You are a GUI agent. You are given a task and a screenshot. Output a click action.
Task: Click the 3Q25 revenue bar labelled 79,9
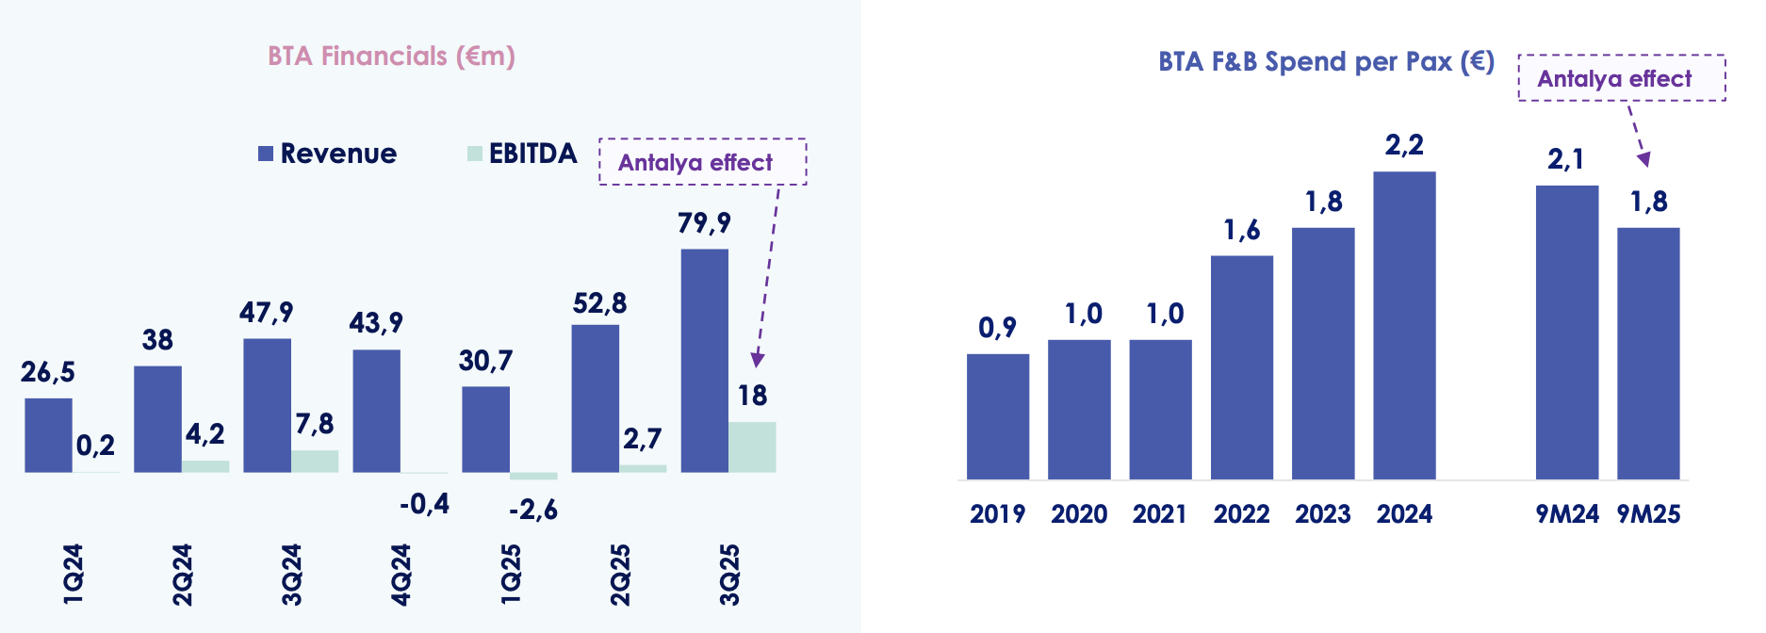[704, 360]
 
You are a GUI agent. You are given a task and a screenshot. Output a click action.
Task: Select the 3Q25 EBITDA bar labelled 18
[752, 446]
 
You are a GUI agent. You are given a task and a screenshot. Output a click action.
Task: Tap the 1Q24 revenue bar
[48, 434]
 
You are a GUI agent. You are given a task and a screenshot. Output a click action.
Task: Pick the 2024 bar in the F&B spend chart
[1404, 325]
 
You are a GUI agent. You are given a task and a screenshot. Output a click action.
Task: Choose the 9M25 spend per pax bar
[1648, 353]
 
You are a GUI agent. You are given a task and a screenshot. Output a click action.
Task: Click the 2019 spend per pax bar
[997, 416]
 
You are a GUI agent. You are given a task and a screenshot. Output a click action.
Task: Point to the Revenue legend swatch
[266, 154]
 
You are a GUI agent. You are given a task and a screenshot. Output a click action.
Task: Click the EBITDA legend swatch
[475, 154]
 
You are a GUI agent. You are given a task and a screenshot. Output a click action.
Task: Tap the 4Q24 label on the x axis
[401, 575]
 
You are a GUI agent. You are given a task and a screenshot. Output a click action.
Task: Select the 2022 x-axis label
[1241, 514]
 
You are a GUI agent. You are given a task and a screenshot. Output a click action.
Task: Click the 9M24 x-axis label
[1567, 514]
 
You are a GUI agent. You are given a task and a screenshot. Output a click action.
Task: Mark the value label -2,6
[533, 511]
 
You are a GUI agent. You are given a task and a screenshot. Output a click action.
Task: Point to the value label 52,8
[599, 303]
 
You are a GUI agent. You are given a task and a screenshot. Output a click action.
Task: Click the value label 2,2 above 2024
[1404, 145]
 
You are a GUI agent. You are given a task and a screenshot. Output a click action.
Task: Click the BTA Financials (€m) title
[391, 57]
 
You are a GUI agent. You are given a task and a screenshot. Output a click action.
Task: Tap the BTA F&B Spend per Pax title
[1326, 62]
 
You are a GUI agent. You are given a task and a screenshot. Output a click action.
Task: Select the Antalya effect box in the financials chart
[702, 162]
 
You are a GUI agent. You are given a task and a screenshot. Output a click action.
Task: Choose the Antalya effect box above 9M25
[1621, 78]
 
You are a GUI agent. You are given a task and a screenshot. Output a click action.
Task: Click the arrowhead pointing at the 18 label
[757, 360]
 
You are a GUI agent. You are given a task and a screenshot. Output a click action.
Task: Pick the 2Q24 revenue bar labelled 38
[157, 418]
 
